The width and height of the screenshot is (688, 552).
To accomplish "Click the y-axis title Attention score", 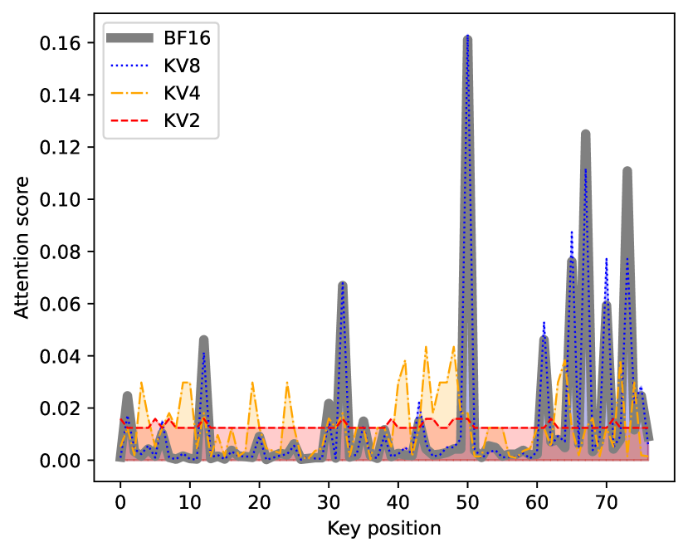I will tap(22, 247).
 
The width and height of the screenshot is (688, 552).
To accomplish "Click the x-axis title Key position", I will tap(383, 528).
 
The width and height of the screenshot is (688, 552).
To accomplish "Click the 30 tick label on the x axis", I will tap(329, 504).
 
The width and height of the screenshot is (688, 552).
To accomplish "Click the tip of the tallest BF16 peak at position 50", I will tap(467, 37).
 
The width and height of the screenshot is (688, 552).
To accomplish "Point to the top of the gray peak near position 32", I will tap(342, 284).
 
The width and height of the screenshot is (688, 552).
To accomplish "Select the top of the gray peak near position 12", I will tap(203, 339).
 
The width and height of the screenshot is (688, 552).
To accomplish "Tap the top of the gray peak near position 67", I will tap(585, 133).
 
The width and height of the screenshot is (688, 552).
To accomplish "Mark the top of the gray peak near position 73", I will tap(627, 170).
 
